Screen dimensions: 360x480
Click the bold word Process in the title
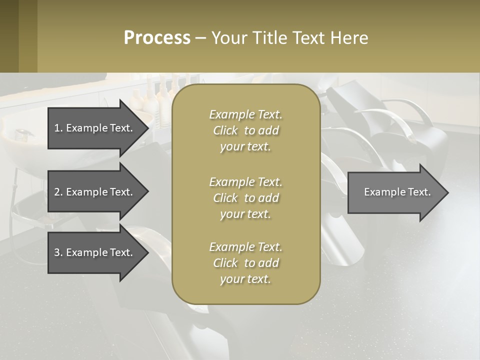tap(157, 38)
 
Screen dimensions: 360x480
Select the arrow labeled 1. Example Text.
tap(95, 128)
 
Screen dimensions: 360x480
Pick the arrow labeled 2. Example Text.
tap(95, 192)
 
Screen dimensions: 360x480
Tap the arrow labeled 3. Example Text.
tap(95, 252)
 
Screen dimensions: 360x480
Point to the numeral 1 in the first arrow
tap(57, 128)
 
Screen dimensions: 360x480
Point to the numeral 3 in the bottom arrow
tap(57, 252)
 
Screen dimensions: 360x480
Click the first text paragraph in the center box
tap(245, 130)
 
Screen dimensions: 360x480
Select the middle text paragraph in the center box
tap(245, 197)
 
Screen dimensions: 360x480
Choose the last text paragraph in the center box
tap(245, 262)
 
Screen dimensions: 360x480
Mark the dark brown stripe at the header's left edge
tap(9, 36)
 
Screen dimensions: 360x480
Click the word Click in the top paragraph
tap(225, 130)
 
